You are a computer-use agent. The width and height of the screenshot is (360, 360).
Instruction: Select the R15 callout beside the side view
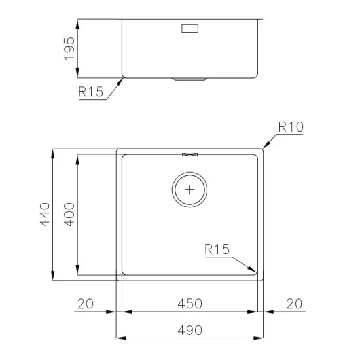(x=90, y=92)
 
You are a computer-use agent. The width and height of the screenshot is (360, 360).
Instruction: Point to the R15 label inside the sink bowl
(x=216, y=249)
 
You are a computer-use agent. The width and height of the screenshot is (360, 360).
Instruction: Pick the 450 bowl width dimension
(x=189, y=304)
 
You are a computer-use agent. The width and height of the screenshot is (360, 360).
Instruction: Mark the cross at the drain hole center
(x=190, y=190)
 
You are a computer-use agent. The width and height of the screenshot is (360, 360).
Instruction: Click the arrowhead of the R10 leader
(x=264, y=147)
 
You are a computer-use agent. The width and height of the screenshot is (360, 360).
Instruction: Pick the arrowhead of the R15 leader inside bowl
(x=253, y=270)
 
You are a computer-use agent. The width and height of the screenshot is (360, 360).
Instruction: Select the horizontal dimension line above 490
(x=189, y=338)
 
